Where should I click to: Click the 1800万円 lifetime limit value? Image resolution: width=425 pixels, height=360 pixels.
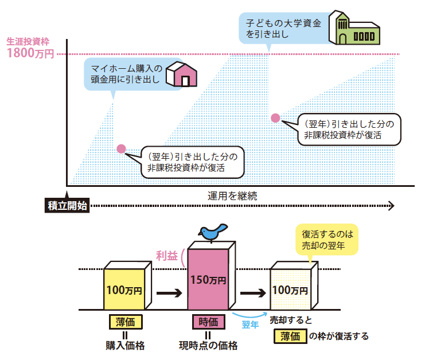click(30, 54)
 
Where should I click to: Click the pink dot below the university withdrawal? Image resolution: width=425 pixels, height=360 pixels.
click(275, 118)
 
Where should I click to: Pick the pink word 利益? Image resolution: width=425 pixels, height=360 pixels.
click(166, 255)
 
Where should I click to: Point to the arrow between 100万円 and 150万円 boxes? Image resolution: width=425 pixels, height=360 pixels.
click(169, 293)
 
